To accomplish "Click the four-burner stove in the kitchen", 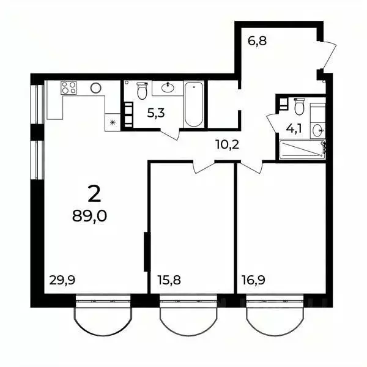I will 69,88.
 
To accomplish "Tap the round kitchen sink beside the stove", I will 95,88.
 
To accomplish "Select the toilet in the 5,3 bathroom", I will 143,90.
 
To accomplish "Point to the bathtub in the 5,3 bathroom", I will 194,105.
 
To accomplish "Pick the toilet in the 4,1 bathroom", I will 299,108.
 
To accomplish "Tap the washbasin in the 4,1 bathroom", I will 317,129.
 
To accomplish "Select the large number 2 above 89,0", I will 94,194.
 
